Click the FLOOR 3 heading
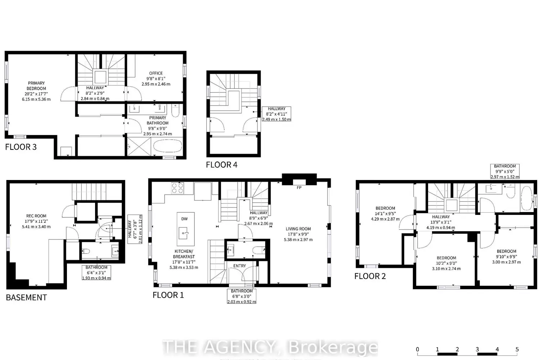pos(21,147)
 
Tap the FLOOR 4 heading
pos(221,165)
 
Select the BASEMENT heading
pos(27,298)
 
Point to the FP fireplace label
pos(299,188)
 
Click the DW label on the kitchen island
pos(184,219)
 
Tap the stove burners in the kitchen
pos(177,188)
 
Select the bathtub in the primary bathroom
pos(167,146)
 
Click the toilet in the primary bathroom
pos(175,111)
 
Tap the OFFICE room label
pos(156,73)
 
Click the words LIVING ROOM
pos(298,229)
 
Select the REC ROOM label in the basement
pos(36,216)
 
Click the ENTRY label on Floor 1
pos(239,266)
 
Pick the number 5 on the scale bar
pos(517,350)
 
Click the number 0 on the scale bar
pos(417,350)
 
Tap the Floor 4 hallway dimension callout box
pos(276,114)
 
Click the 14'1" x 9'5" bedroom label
pos(385,213)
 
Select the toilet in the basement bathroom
pos(86,251)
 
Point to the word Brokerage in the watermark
pos(333,347)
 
